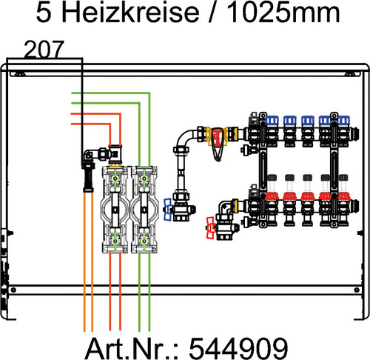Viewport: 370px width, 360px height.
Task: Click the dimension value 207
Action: click(44, 50)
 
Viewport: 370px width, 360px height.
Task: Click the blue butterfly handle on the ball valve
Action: click(169, 210)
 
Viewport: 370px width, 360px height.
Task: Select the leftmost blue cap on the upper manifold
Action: click(272, 118)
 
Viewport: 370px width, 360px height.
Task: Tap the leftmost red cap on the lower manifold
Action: click(272, 199)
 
